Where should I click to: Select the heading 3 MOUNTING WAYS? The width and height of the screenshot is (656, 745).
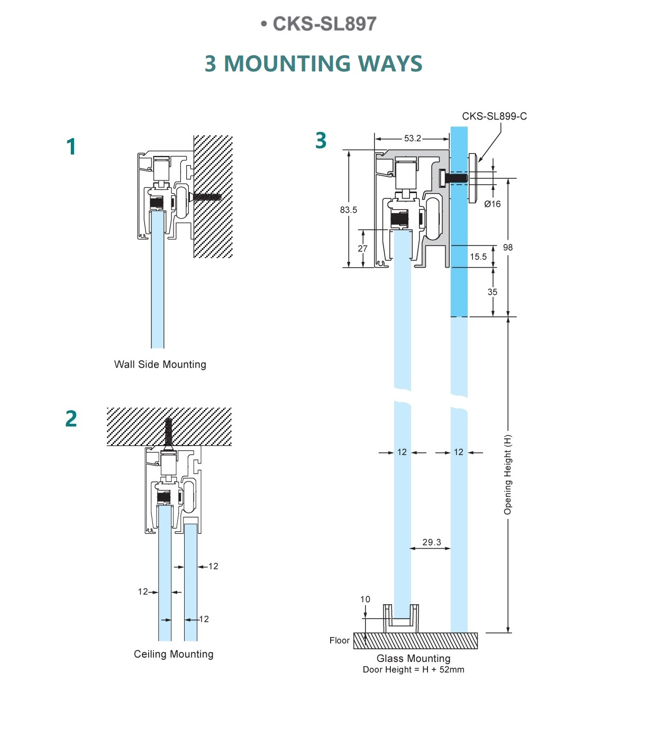click(313, 63)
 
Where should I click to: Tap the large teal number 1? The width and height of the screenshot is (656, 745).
click(71, 147)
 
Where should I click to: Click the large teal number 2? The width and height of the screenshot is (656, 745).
click(71, 419)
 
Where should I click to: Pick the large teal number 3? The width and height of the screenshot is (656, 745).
click(321, 141)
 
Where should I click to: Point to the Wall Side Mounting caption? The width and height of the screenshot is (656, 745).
click(160, 365)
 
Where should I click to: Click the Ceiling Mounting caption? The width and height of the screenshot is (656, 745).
click(174, 655)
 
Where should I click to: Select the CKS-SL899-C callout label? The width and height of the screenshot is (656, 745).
click(494, 116)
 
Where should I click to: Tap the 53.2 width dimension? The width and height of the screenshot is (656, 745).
click(413, 139)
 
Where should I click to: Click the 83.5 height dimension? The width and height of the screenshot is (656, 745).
click(348, 210)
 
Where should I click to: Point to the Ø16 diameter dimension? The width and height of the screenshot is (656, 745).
click(492, 204)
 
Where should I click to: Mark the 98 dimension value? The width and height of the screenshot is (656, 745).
click(508, 248)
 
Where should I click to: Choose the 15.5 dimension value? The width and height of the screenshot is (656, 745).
click(478, 257)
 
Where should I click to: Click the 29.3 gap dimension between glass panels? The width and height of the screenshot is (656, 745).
click(432, 542)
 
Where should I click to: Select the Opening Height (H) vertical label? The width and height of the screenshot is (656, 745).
click(508, 475)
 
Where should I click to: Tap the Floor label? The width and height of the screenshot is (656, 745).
click(339, 641)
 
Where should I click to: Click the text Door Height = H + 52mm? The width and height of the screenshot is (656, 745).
click(413, 670)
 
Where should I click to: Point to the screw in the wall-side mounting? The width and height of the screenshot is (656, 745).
click(206, 197)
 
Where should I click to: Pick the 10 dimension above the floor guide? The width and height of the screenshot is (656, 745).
click(365, 599)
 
